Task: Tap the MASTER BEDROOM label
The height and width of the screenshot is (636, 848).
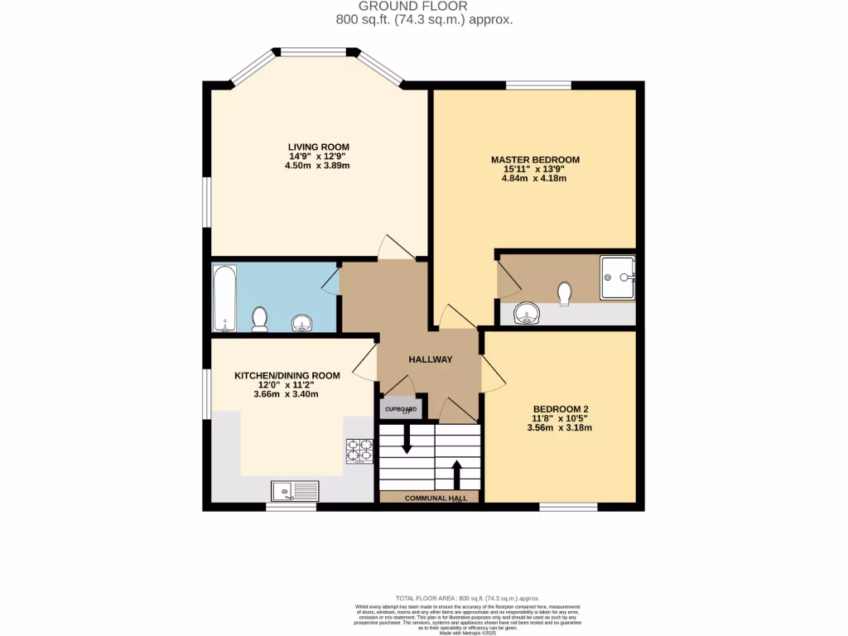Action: (x=535, y=160)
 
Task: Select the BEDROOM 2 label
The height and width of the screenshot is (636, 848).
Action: (x=561, y=409)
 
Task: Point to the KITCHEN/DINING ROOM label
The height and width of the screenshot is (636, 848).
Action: (x=287, y=376)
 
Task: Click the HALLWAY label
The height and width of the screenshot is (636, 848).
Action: (x=431, y=359)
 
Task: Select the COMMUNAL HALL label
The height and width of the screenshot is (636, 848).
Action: (x=430, y=498)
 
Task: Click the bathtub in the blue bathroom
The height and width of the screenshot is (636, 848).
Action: (x=224, y=298)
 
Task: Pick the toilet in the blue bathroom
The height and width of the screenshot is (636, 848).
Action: (x=259, y=318)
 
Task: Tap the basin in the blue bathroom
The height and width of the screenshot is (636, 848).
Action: (x=302, y=322)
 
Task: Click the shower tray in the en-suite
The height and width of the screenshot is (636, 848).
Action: (x=618, y=277)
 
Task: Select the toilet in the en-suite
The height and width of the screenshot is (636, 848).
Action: (x=566, y=293)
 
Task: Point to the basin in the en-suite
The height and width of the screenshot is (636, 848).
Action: (x=526, y=313)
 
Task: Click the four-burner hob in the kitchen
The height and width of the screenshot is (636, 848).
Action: (x=359, y=450)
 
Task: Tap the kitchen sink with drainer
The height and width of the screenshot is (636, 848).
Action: (x=294, y=491)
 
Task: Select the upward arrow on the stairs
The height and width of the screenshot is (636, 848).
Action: (x=455, y=475)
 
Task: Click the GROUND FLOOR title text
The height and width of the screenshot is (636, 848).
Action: (x=424, y=7)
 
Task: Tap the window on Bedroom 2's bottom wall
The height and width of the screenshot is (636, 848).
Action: (x=568, y=506)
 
